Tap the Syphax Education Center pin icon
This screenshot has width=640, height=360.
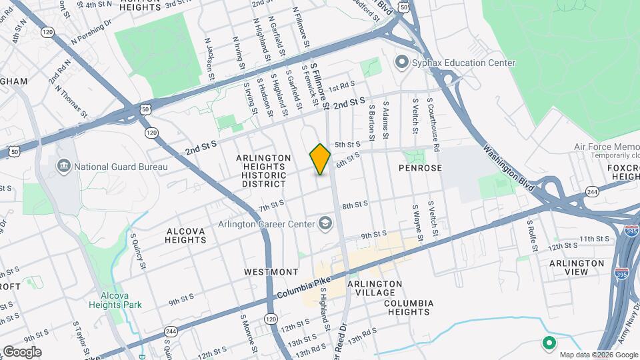coord(401,63)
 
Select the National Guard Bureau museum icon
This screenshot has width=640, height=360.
coord(63,166)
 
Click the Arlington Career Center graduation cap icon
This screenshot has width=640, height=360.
coord(325,223)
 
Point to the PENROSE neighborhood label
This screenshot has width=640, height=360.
coord(421,168)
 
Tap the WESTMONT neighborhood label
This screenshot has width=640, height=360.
coord(271,272)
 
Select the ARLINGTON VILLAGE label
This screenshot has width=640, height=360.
coord(375,288)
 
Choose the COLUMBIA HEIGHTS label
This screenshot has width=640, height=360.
coord(409,307)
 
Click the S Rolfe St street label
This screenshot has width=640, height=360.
coord(531,231)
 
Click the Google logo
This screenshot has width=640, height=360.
coord(22,351)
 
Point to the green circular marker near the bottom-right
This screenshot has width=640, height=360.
coord(549,344)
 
